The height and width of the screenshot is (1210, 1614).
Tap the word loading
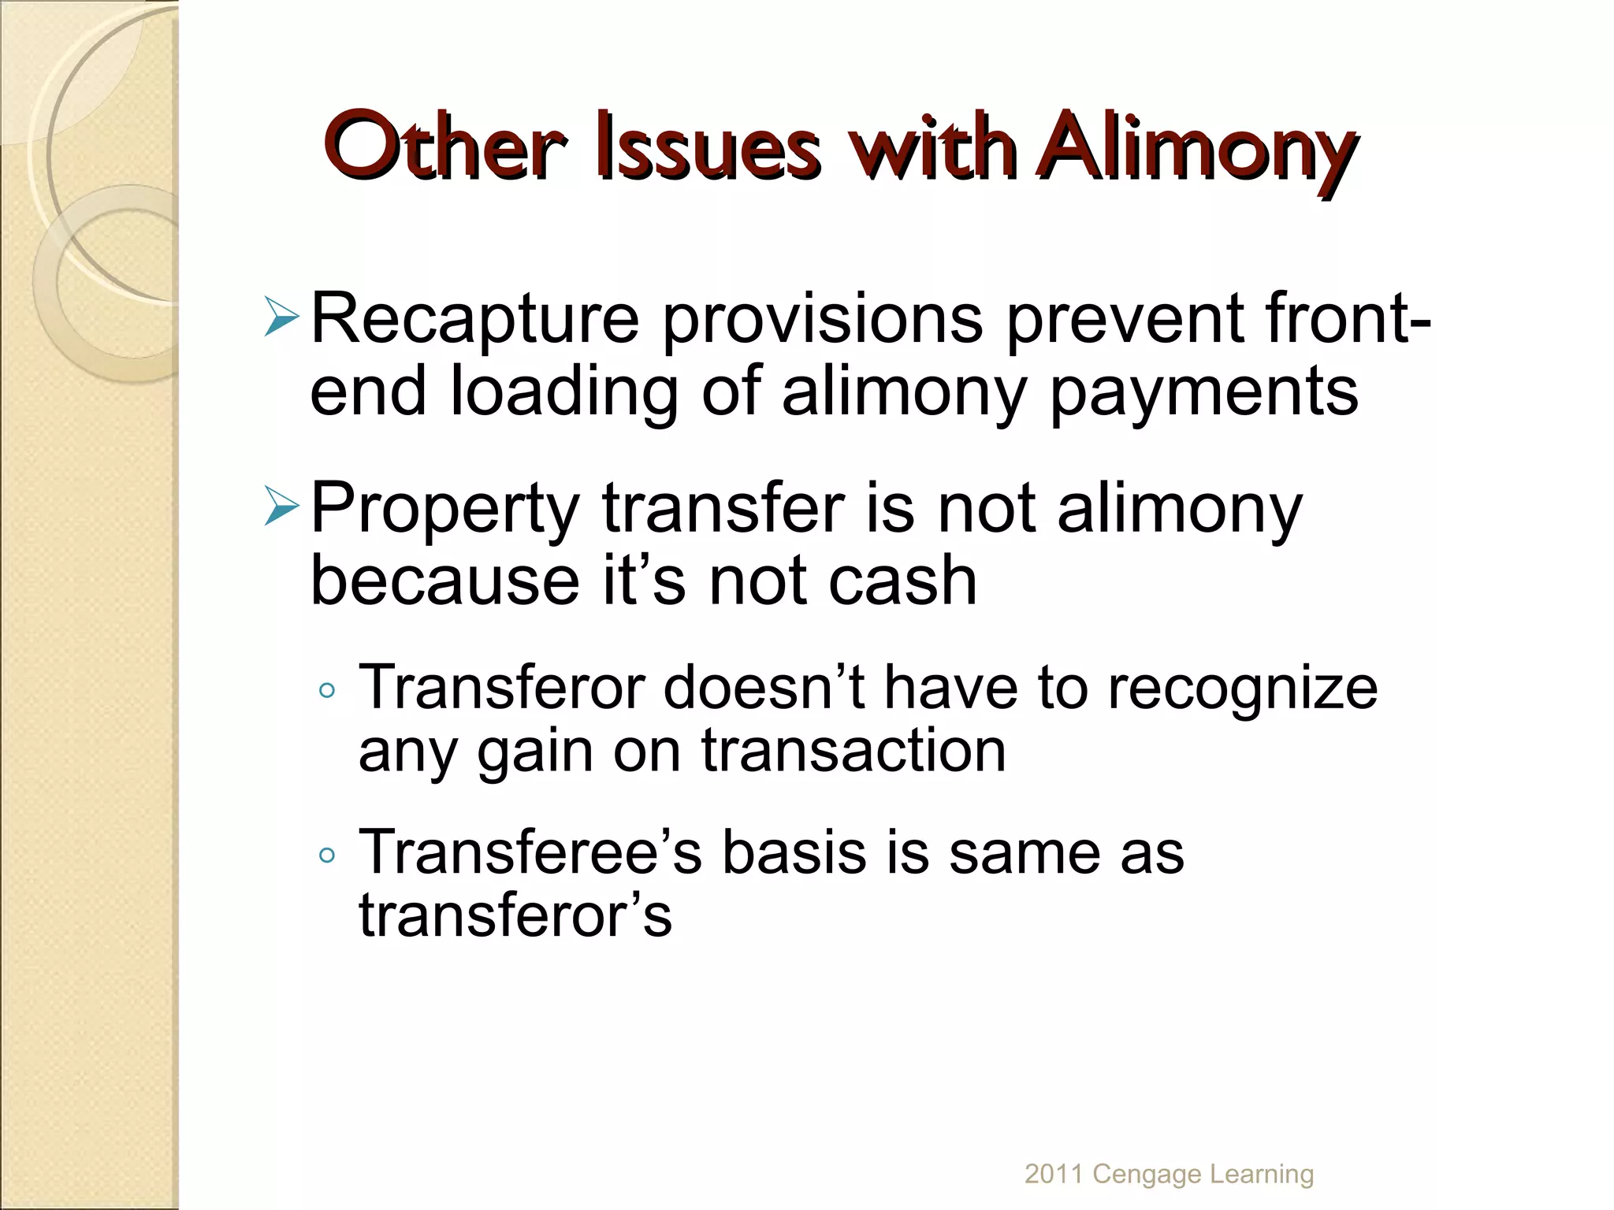click(564, 392)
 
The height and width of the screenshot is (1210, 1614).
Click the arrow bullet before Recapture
click(281, 317)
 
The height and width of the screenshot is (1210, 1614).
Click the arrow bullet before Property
click(281, 506)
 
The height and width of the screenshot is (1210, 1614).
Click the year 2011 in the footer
click(1054, 1174)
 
